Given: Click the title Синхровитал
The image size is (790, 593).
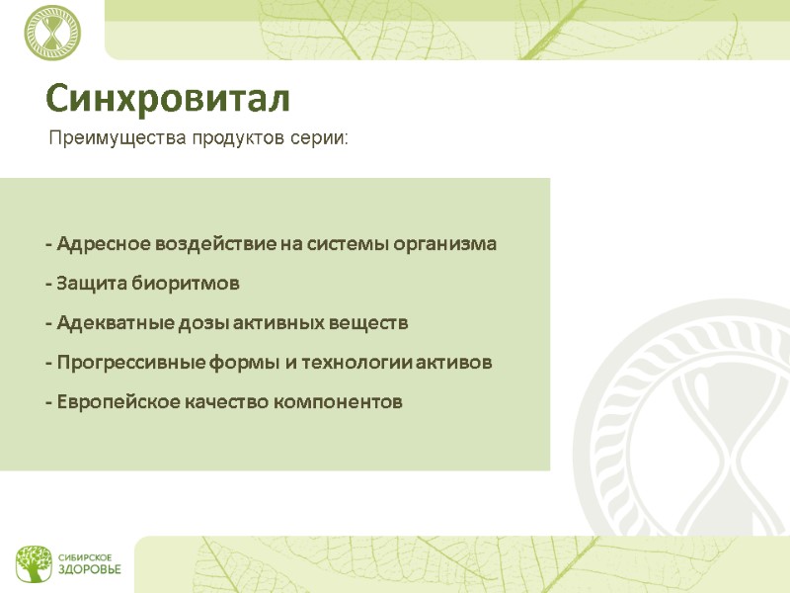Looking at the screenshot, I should coord(168,99).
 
